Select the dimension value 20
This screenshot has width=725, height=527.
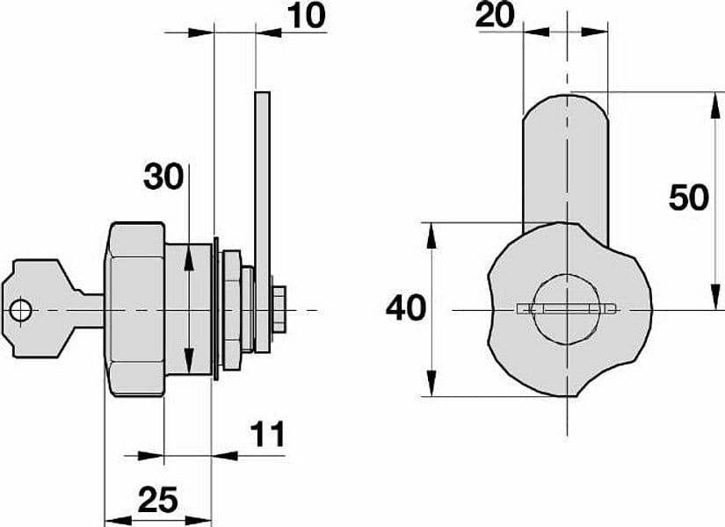pyautogui.click(x=495, y=14)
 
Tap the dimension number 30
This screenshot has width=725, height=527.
pyautogui.click(x=163, y=177)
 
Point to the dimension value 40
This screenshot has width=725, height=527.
pyautogui.click(x=406, y=308)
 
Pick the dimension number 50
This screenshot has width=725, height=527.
pyautogui.click(x=688, y=198)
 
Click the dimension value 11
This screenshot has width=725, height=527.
pyautogui.click(x=268, y=434)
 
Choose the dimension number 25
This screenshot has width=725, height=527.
pyautogui.click(x=157, y=500)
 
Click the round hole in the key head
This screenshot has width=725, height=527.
pyautogui.click(x=21, y=310)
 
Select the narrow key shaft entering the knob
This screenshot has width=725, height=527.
pyautogui.click(x=93, y=311)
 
